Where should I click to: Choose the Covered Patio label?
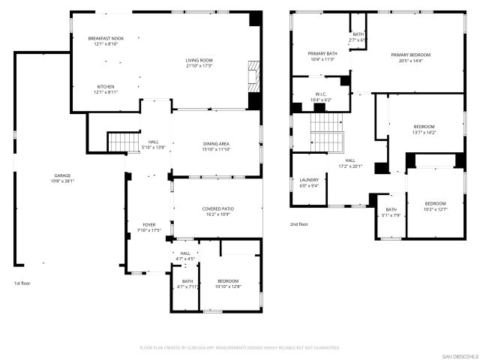pyautogui.click(x=218, y=211)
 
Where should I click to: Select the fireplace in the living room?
pyautogui.click(x=253, y=74)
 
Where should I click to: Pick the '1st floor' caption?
pyautogui.click(x=22, y=283)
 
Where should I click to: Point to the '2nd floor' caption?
pyautogui.click(x=298, y=223)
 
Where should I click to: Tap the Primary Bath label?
pyautogui.click(x=321, y=56)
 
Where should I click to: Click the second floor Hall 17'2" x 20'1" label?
pyautogui.click(x=350, y=163)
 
